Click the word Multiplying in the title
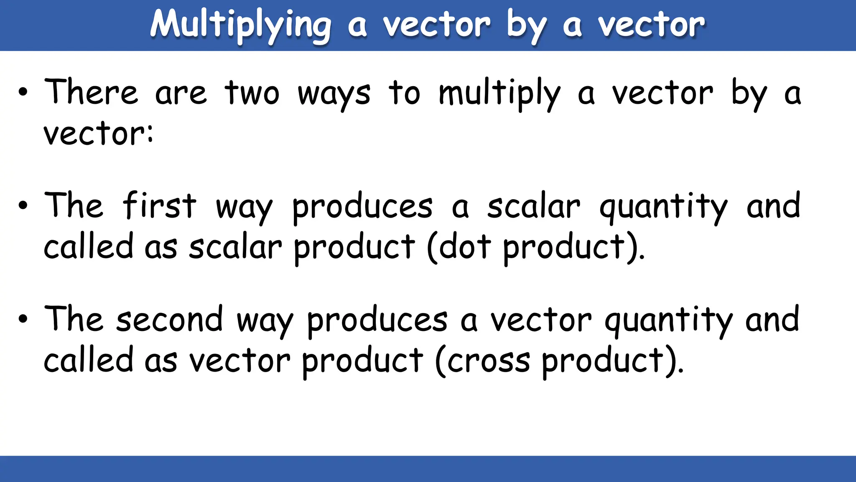[x=241, y=25]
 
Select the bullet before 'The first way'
[x=23, y=205]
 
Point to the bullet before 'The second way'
[x=23, y=319]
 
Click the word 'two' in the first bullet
[x=252, y=93]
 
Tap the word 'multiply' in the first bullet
[x=499, y=93]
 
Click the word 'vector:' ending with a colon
[x=99, y=134]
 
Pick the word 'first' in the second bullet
[x=159, y=205]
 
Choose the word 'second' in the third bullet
[x=169, y=319]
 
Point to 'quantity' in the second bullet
[x=663, y=207]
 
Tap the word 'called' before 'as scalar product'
[x=88, y=247]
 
